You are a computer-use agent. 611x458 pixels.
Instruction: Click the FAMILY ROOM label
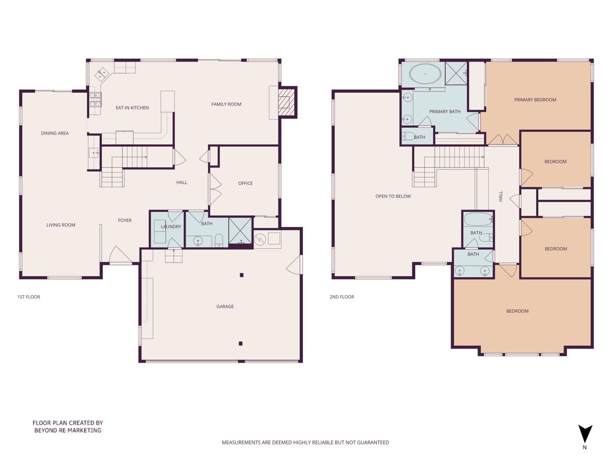coord(226,104)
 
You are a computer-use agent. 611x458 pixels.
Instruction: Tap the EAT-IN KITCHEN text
coord(132,108)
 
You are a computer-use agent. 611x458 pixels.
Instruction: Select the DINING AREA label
coord(55,133)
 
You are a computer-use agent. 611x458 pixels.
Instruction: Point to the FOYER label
coord(125,220)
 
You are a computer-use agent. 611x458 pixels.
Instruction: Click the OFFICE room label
coord(245,183)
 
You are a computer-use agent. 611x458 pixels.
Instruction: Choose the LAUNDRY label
coord(171,226)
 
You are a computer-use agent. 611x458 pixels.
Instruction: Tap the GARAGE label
coord(225,306)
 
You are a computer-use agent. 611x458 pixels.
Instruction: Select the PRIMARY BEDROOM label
coord(535,100)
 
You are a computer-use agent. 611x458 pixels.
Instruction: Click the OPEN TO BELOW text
coord(393,196)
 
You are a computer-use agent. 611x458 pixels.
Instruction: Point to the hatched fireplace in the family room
coord(286,102)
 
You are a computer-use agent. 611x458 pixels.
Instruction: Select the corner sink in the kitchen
coord(101,74)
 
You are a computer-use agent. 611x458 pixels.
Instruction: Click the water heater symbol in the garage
coord(260,238)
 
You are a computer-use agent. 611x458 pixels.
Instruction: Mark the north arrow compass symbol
coord(585,434)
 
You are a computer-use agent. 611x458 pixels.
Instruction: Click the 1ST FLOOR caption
coord(29,297)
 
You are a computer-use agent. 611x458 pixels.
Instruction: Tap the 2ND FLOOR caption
coord(342,297)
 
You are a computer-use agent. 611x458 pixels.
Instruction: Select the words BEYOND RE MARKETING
coord(68,431)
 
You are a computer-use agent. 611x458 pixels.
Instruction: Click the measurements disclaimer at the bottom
coord(305,442)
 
